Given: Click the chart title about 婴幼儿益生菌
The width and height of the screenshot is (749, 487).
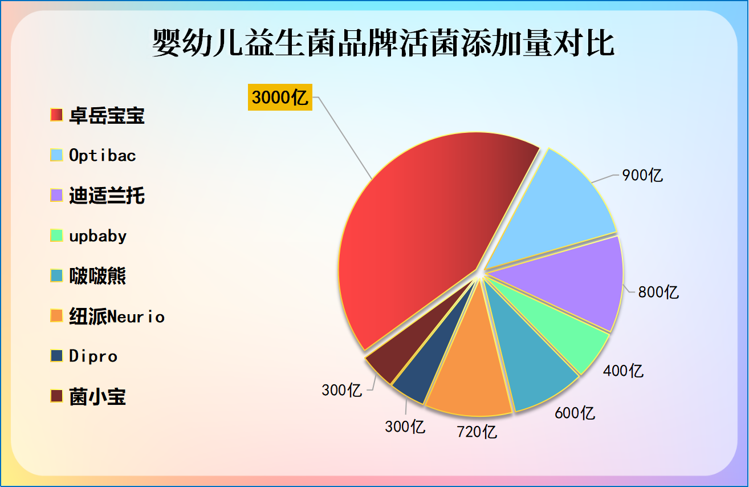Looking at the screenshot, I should (x=383, y=44).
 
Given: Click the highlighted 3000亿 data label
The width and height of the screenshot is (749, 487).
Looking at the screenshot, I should (x=280, y=98).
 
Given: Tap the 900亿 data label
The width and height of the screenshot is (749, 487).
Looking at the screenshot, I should (x=642, y=175).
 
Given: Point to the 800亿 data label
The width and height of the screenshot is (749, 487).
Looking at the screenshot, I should (x=658, y=292).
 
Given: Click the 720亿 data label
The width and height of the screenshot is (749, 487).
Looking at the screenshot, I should (x=477, y=431).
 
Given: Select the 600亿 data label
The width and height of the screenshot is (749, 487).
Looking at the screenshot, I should (x=575, y=412).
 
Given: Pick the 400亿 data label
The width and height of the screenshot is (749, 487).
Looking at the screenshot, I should (x=623, y=371).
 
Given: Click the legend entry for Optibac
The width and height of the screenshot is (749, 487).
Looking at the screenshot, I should (x=103, y=155).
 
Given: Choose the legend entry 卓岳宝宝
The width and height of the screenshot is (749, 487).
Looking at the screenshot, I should (x=107, y=116).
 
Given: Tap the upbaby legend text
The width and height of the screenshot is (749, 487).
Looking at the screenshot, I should (x=98, y=236).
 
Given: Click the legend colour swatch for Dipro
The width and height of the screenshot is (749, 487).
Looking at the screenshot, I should (x=56, y=356).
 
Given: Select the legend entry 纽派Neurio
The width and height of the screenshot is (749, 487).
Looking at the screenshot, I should (x=117, y=316).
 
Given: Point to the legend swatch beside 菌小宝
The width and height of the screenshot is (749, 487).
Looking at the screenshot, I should (x=56, y=396).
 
